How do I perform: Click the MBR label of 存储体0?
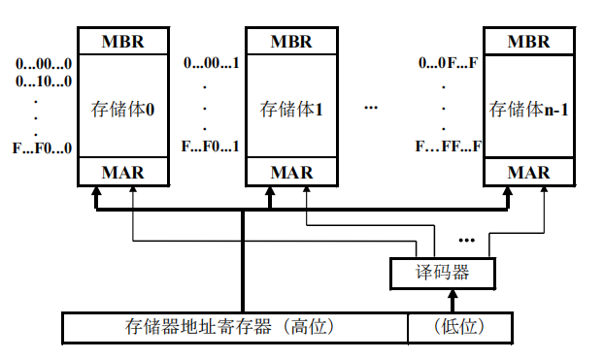(x=123, y=42)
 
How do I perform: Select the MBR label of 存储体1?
(x=291, y=42)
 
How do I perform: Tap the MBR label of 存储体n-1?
(x=528, y=42)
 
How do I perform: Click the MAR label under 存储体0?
(x=123, y=173)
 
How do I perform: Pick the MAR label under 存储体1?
(x=291, y=173)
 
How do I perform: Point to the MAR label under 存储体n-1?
(x=528, y=173)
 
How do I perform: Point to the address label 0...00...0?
(x=44, y=64)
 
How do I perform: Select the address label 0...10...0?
(x=44, y=81)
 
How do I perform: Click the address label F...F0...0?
(x=44, y=148)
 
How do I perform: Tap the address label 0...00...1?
(x=212, y=64)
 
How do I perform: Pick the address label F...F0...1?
(x=211, y=147)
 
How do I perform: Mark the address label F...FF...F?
(x=449, y=147)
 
